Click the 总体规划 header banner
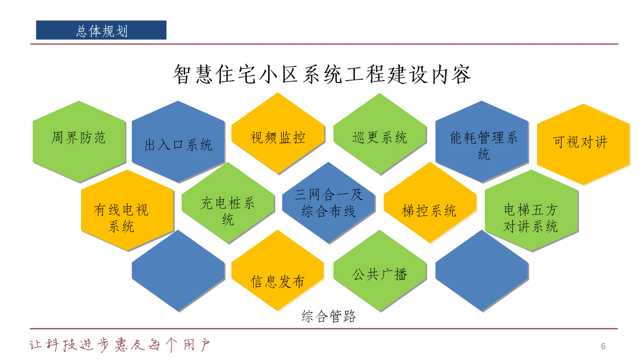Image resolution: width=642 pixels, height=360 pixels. tap(101, 30)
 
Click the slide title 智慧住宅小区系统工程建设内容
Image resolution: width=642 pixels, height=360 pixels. tap(322, 74)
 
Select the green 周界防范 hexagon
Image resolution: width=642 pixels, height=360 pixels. tap(79, 142)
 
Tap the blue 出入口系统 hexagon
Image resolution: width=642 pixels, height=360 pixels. tap(178, 142)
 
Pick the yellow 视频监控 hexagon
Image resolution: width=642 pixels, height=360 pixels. tap(278, 133)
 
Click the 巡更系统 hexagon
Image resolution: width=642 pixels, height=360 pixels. tap(380, 134)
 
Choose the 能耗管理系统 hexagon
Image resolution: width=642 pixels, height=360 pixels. tap(482, 142)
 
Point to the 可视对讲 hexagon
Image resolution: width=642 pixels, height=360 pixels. tap(583, 144)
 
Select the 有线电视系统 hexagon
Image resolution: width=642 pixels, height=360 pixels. tap(127, 210)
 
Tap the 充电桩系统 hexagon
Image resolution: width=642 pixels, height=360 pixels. tap(228, 203)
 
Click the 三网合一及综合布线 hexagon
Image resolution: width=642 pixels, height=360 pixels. tap(329, 203)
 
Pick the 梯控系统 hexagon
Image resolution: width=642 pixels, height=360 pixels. tap(430, 203)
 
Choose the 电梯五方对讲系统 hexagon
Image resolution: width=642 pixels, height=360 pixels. tap(531, 211)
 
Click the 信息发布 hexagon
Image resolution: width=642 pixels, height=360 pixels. tap(278, 271)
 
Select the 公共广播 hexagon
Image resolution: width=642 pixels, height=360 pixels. tap(380, 271)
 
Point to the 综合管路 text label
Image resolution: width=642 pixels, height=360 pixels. tap(329, 316)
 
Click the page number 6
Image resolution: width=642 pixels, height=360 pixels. tap(603, 346)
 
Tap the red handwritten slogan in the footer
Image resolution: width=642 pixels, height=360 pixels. tap(120, 345)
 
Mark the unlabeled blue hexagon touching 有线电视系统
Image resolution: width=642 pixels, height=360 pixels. tap(178, 271)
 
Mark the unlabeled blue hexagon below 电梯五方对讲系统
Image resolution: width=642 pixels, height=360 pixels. tap(482, 271)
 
